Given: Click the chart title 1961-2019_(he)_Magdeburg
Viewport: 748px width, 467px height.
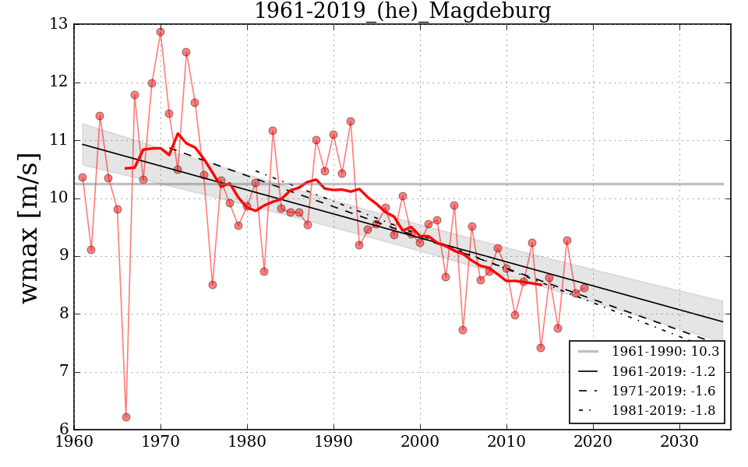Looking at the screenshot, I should pyautogui.click(x=402, y=11).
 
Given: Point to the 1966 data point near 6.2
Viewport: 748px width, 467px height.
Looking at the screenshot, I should pyautogui.click(x=126, y=417).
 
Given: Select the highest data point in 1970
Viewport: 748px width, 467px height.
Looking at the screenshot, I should pyautogui.click(x=161, y=32).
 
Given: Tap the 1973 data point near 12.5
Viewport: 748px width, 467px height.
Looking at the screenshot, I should pyautogui.click(x=186, y=52).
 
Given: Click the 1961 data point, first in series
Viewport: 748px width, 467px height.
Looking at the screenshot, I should pyautogui.click(x=83, y=177).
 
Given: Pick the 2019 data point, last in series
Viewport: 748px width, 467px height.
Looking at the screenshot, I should pyautogui.click(x=584, y=288).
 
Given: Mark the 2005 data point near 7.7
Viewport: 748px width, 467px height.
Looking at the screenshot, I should pyautogui.click(x=463, y=330).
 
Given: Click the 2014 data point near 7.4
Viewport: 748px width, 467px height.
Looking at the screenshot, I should pyautogui.click(x=541, y=348).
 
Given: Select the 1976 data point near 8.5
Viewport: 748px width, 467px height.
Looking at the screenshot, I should pyautogui.click(x=213, y=285).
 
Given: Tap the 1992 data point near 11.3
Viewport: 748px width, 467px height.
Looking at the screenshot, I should pyautogui.click(x=351, y=121).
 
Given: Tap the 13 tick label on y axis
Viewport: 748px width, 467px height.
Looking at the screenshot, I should pyautogui.click(x=59, y=24).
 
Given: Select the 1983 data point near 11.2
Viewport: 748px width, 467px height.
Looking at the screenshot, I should pyautogui.click(x=273, y=131).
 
